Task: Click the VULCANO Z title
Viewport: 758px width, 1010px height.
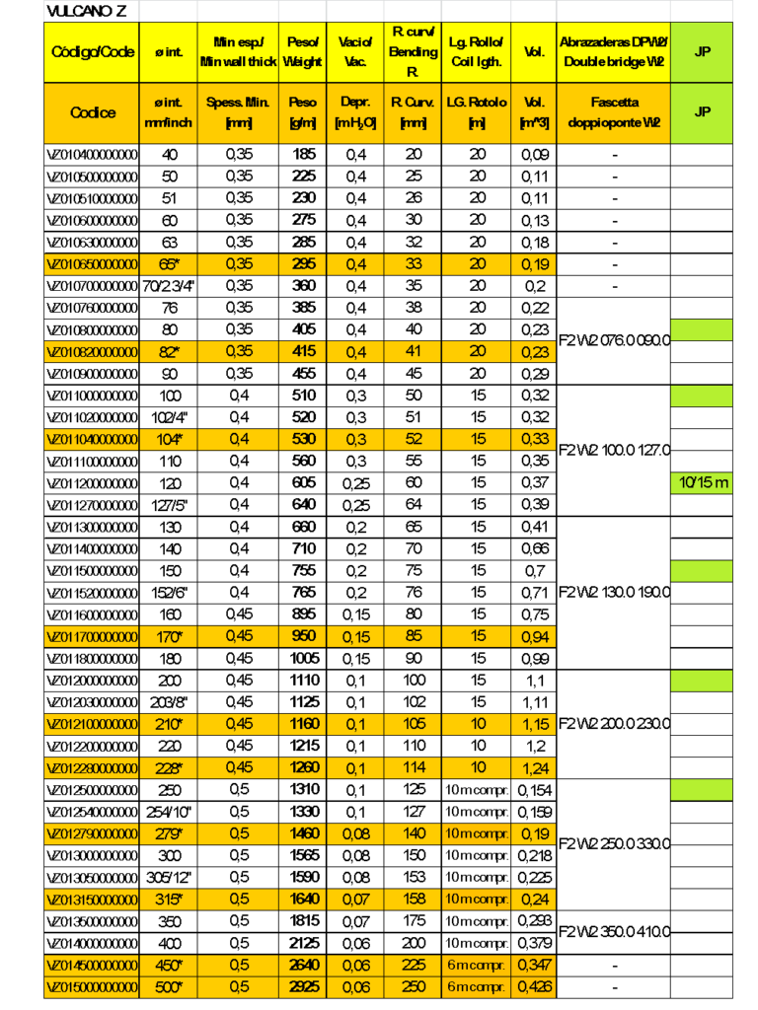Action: coord(87,11)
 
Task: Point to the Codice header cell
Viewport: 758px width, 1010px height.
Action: coord(93,112)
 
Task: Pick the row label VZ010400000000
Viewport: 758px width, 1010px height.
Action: coord(93,155)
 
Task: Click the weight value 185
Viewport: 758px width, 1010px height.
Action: coord(303,155)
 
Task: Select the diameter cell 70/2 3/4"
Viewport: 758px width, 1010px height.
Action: coord(169,286)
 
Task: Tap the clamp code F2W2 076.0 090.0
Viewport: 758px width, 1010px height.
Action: coord(614,340)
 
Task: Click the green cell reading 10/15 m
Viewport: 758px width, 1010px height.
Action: coord(702,482)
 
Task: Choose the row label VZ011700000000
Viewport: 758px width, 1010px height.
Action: coord(93,636)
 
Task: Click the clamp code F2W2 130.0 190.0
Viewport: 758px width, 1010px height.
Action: coord(614,593)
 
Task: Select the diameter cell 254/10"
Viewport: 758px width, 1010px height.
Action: coord(169,812)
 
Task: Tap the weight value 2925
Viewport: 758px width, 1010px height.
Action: coord(303,986)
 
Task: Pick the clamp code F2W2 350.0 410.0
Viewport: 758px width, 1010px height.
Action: coord(614,931)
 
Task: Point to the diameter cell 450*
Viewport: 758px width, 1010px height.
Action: coord(169,965)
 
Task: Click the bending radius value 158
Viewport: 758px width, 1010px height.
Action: coord(414,899)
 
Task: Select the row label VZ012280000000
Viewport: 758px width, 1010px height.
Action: coord(93,767)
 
